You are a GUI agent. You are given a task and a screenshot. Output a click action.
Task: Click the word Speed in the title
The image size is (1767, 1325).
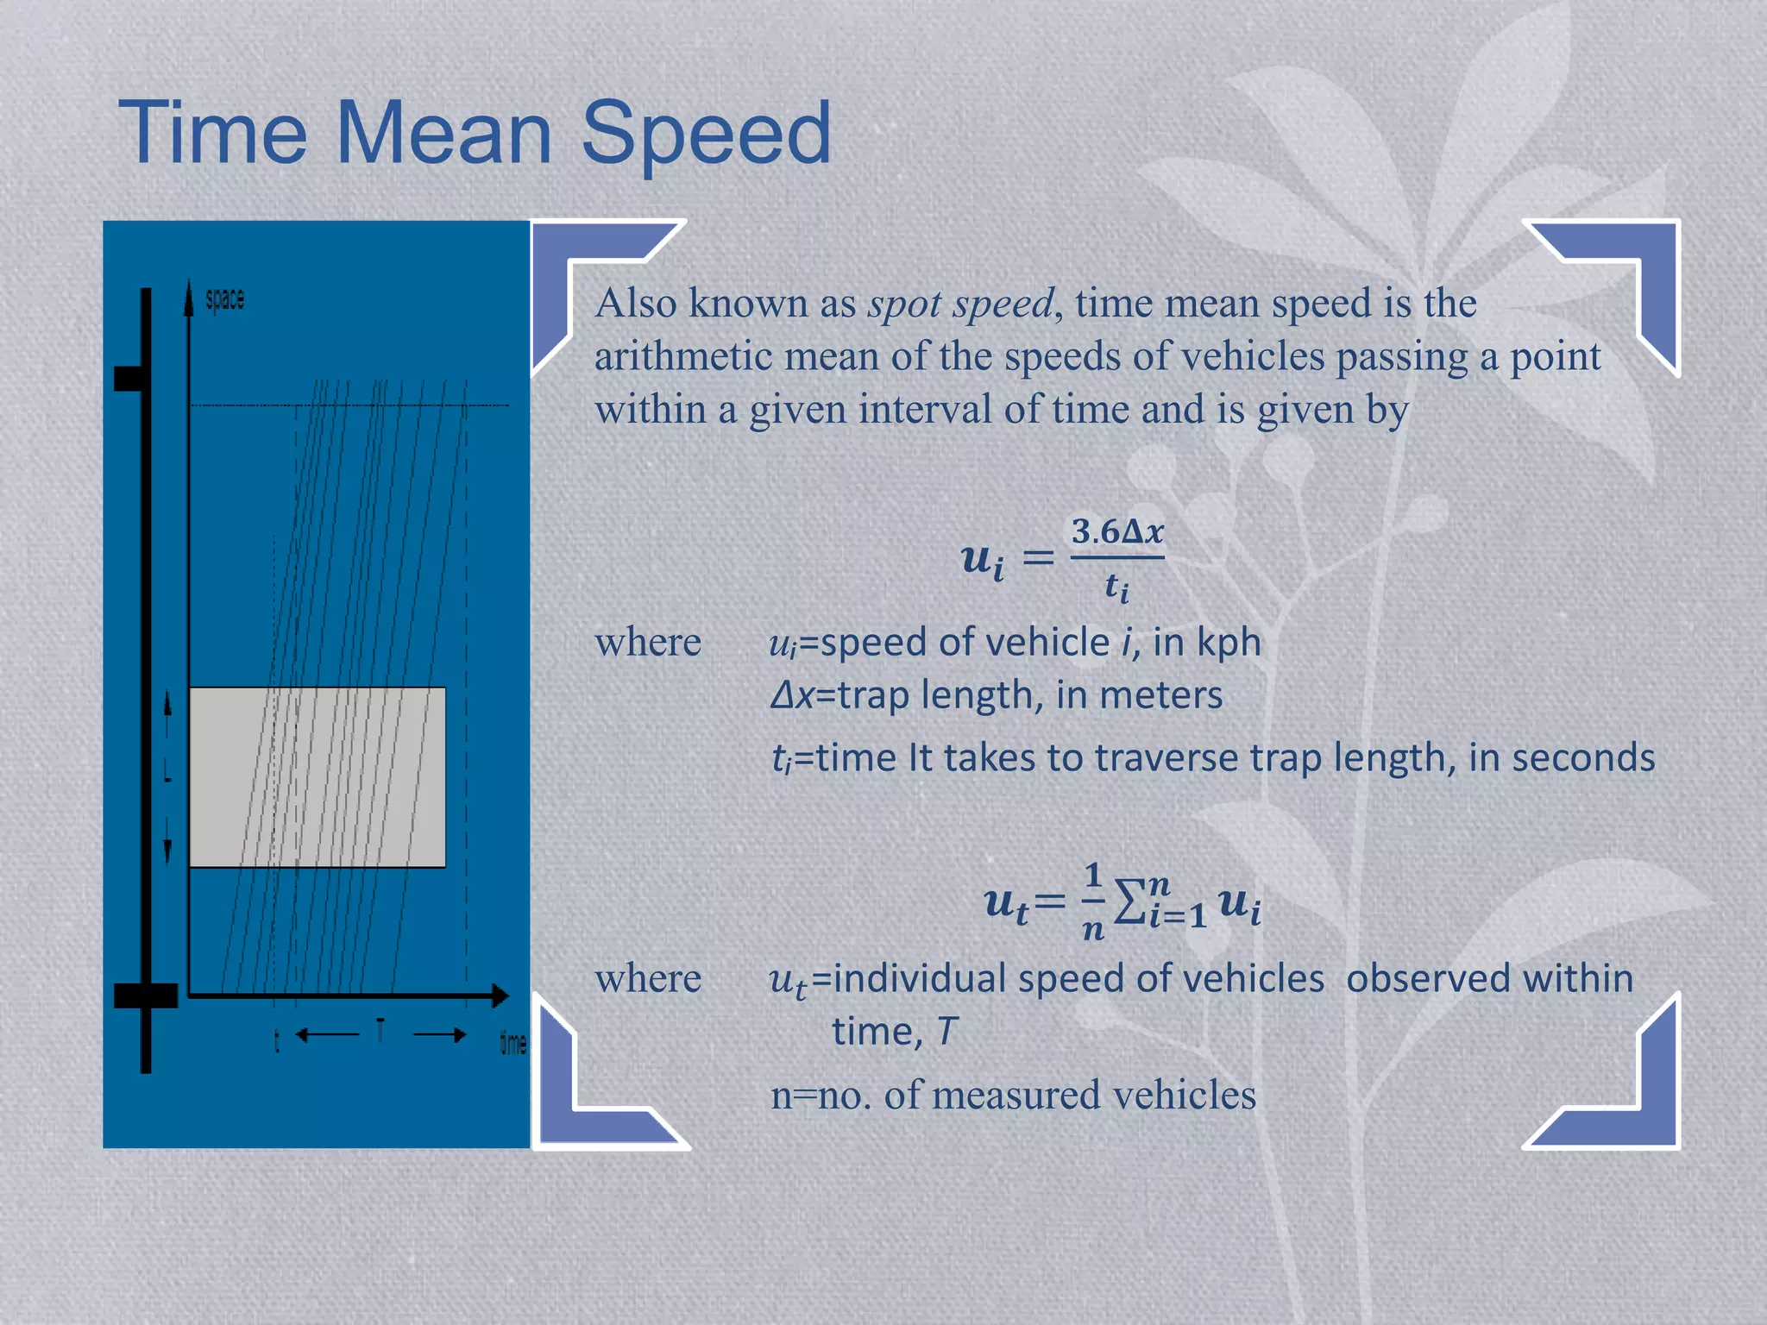[706, 134]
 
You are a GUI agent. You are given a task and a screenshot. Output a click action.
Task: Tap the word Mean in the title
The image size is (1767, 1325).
[443, 134]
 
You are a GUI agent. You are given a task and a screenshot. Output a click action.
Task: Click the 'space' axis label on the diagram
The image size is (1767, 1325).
[225, 299]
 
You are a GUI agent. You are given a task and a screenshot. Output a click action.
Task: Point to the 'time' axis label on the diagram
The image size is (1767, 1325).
[513, 1043]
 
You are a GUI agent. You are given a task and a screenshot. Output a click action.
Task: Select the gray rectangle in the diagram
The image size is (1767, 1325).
[317, 776]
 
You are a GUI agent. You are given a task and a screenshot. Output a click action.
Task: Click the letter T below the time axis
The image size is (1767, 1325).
[380, 1029]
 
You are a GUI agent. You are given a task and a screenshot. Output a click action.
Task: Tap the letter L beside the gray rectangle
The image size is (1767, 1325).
[168, 776]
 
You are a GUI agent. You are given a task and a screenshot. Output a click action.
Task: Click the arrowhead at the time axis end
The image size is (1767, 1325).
[500, 995]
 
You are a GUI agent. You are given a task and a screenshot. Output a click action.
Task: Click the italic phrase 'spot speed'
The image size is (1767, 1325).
[960, 304]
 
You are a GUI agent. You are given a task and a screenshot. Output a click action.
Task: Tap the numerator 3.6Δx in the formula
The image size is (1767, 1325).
[1117, 531]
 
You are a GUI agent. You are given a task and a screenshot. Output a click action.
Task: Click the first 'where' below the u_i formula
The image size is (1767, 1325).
[648, 643]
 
